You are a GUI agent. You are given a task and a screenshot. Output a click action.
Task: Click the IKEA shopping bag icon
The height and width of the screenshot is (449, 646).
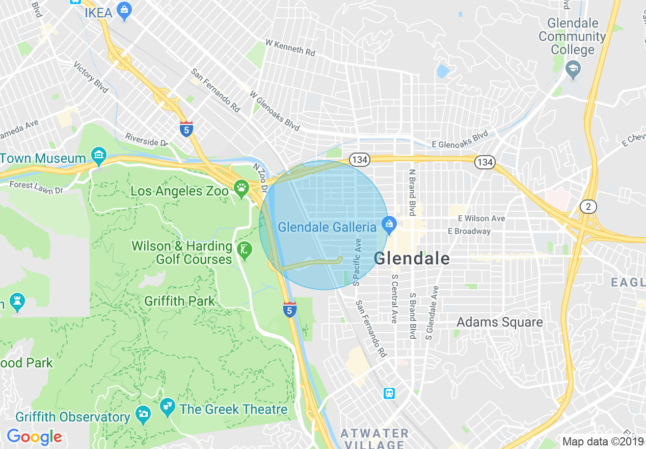pos(124,11)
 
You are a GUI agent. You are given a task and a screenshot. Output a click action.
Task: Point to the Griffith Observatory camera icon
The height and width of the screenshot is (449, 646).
pos(143,413)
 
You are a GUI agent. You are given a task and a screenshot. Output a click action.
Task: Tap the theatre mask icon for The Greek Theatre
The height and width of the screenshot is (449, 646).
pos(167,407)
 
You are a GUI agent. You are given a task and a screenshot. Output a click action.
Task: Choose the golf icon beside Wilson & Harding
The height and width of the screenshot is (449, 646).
pos(245,250)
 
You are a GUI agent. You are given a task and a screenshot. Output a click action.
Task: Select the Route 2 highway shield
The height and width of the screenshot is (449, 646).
pos(588,206)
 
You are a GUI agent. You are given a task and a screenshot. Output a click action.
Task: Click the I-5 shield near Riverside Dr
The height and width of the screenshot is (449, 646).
pos(186,129)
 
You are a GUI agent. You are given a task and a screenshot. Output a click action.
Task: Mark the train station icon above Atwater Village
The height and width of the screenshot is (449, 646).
pos(389,393)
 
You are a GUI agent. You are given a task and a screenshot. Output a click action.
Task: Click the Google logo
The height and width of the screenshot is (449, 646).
pos(34,437)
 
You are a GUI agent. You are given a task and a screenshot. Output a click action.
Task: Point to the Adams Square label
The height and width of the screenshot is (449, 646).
pos(499,322)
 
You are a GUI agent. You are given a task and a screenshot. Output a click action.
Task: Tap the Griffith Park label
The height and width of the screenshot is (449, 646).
pos(180,301)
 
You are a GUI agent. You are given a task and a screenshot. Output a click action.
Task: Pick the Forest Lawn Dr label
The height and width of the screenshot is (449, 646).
pos(36,188)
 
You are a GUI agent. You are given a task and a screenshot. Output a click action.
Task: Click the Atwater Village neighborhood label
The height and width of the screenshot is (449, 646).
pos(374,439)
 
